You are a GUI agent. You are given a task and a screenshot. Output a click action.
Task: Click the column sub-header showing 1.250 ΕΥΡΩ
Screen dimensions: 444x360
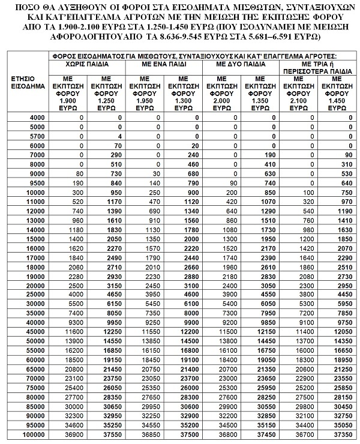[x=106, y=94]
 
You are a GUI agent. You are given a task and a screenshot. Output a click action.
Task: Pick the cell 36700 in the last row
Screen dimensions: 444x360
[x=302, y=434]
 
